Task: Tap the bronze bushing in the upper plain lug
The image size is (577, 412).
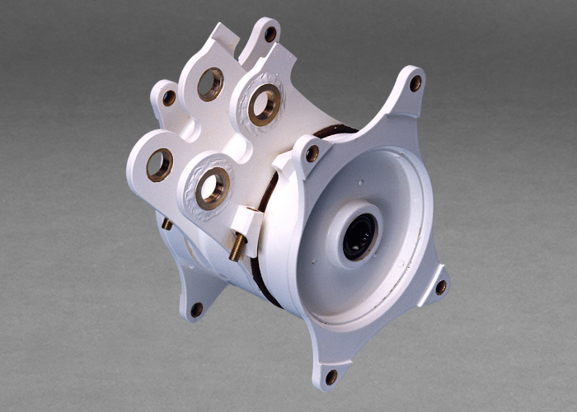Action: click(210, 84)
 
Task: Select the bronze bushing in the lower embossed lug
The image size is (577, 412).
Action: click(213, 187)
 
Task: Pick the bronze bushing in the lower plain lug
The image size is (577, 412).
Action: click(159, 165)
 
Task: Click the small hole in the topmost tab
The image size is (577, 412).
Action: click(270, 34)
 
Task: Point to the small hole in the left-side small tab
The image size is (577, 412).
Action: click(169, 98)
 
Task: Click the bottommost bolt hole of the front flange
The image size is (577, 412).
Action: click(331, 377)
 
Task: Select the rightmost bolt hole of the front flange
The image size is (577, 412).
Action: click(441, 287)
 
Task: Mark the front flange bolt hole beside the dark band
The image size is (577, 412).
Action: click(312, 153)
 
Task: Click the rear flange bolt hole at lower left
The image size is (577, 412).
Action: click(197, 310)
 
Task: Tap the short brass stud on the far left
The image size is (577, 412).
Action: click(167, 224)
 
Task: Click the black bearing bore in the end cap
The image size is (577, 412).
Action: click(359, 237)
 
